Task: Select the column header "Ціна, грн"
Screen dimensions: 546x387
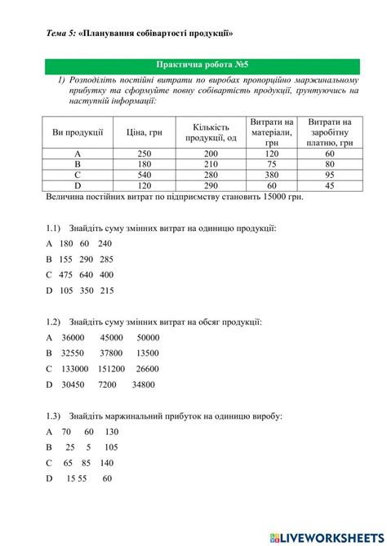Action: tap(145, 132)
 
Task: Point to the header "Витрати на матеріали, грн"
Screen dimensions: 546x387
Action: tap(271, 132)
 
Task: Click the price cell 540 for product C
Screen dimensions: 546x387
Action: tap(145, 175)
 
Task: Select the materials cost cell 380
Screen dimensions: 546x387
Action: tap(271, 175)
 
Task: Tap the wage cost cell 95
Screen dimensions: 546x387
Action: tap(330, 175)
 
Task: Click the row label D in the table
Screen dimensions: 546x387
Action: tap(78, 185)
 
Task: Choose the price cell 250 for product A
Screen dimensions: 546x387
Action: tap(145, 153)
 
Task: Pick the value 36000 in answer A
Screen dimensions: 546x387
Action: tap(73, 337)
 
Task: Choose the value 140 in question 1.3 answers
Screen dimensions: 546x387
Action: tap(106, 462)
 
